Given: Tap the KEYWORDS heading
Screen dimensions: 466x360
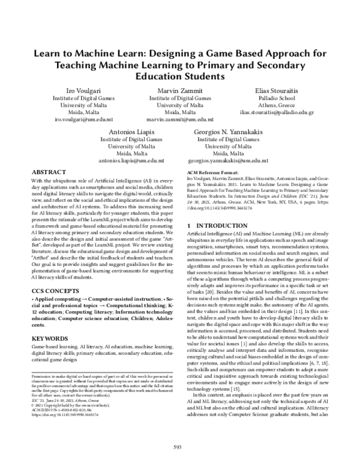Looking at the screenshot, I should (x=50, y=339).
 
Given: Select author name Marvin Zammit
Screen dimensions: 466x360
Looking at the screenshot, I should (x=180, y=89).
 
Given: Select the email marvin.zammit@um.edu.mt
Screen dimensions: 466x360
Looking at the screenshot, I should (x=180, y=120).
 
